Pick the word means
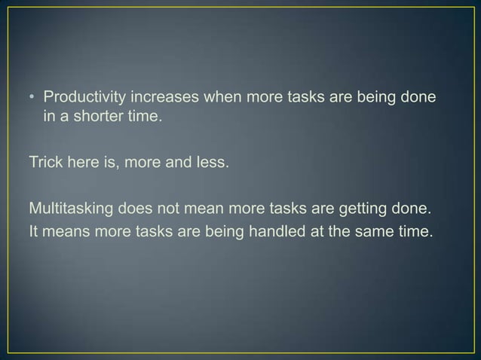[x=66, y=230]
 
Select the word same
[x=373, y=230]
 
